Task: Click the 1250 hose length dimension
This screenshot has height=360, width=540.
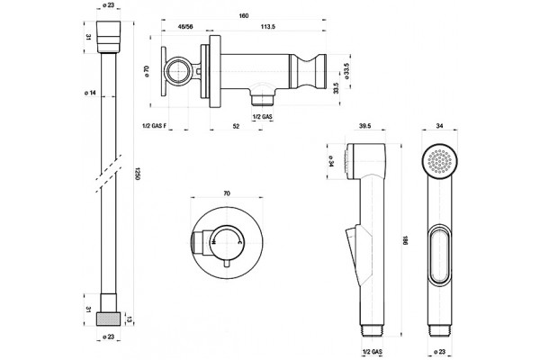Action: (138, 174)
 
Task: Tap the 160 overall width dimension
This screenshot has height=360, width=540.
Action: (244, 15)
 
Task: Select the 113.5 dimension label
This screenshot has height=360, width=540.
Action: (268, 26)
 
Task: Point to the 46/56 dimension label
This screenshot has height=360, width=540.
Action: (184, 26)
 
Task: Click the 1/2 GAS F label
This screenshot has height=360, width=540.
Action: (155, 126)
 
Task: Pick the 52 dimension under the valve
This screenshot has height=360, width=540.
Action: (236, 126)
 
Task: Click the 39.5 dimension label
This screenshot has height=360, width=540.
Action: (364, 126)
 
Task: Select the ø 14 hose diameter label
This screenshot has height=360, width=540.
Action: (90, 93)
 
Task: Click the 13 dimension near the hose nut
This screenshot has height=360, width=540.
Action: (128, 319)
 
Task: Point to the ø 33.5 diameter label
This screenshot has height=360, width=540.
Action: (346, 71)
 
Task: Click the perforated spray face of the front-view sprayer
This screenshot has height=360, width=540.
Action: (440, 161)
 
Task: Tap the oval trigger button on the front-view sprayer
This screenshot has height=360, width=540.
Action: (440, 256)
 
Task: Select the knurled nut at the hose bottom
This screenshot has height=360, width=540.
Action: (109, 319)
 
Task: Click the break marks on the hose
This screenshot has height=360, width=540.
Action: (109, 174)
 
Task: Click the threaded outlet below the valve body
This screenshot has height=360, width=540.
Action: (262, 100)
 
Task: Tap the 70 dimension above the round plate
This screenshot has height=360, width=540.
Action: (227, 193)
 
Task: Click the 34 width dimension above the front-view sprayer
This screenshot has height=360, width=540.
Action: (439, 126)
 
